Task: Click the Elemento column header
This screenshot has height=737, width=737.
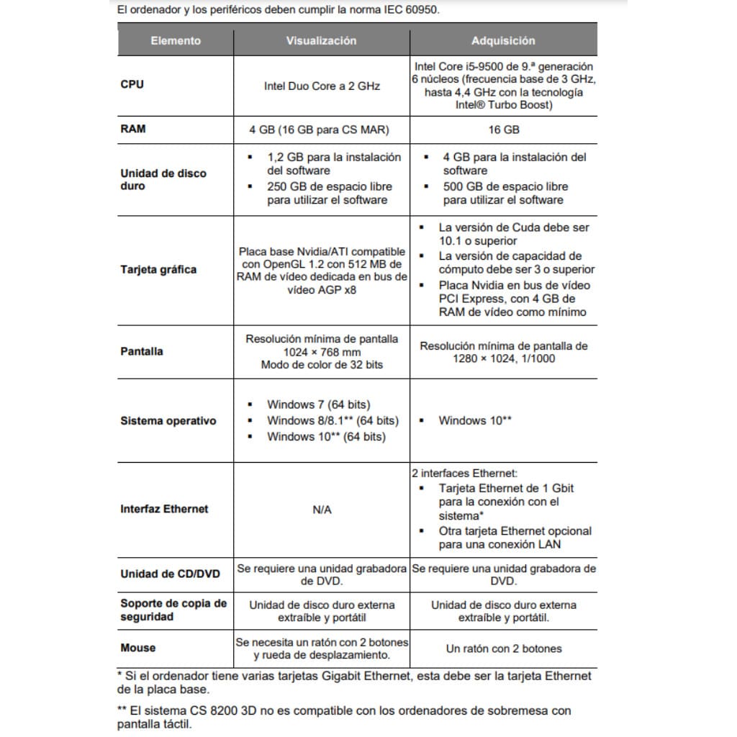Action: tap(176, 40)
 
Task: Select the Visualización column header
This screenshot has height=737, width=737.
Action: tap(321, 40)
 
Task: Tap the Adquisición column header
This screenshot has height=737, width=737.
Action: tap(503, 40)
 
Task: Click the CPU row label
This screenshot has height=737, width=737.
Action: tap(132, 84)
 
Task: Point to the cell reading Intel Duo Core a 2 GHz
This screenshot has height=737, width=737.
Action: tap(322, 86)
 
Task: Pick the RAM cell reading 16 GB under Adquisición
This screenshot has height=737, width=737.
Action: tap(503, 130)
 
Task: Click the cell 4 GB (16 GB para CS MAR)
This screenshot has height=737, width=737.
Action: tap(322, 130)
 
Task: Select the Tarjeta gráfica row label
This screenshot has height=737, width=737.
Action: tap(158, 270)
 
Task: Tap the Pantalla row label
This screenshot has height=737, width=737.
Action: tap(142, 351)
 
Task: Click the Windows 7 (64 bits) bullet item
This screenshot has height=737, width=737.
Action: tap(318, 404)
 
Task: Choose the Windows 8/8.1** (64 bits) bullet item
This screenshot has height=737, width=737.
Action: tap(332, 420)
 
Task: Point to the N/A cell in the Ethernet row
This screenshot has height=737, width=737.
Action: tap(322, 509)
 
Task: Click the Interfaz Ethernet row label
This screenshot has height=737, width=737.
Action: tap(164, 509)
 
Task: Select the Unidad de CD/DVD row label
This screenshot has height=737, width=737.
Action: tap(171, 574)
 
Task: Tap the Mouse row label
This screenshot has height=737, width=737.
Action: tap(138, 648)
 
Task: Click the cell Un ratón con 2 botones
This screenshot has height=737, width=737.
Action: tap(503, 648)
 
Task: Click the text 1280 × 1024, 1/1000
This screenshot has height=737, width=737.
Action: tap(503, 358)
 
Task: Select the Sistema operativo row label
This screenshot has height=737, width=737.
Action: tap(168, 421)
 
